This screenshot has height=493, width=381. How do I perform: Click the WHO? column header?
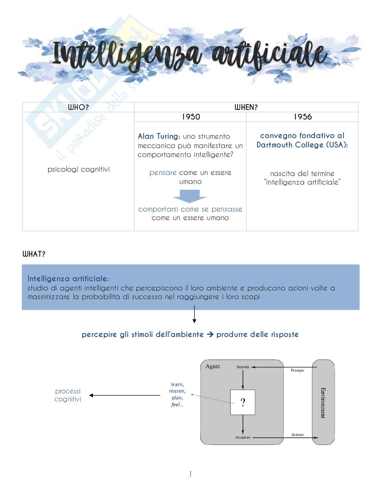click(x=78, y=107)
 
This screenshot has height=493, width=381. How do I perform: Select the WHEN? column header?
click(x=246, y=107)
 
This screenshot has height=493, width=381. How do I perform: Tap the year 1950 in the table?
click(x=190, y=117)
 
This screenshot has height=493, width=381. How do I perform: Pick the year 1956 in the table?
click(x=302, y=117)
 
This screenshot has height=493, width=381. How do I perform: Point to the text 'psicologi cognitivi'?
click(x=78, y=170)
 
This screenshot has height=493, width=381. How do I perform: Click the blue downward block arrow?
click(x=190, y=196)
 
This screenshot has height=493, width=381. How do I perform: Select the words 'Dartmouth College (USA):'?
click(x=302, y=145)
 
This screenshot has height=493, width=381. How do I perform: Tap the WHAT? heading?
click(x=34, y=254)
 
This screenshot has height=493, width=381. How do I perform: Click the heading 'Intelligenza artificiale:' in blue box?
click(x=68, y=278)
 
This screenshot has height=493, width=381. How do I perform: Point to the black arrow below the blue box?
click(x=194, y=314)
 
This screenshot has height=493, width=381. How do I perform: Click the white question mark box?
click(x=243, y=402)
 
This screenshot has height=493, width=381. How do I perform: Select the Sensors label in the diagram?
click(x=243, y=367)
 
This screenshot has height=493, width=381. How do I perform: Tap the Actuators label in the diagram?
click(x=243, y=437)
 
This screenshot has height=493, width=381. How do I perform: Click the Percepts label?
click(x=297, y=370)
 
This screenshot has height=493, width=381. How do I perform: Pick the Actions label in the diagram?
click(x=297, y=435)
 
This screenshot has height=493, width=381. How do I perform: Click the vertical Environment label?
click(x=323, y=402)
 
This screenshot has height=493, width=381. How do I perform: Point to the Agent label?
click(x=213, y=367)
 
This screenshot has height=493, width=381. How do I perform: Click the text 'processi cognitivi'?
click(x=68, y=395)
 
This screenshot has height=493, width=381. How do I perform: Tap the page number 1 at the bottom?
click(x=190, y=474)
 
